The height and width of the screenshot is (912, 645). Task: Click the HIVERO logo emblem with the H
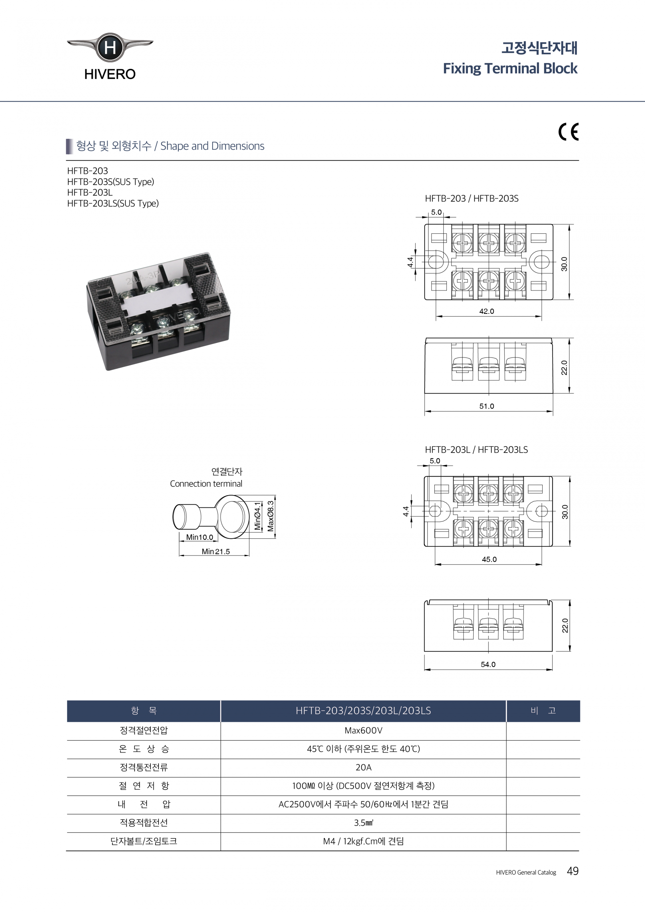[x=110, y=48]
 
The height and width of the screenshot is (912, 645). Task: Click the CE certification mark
[x=568, y=132]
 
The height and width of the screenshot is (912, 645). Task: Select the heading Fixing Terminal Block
[x=510, y=68]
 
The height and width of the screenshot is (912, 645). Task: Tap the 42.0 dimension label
[x=486, y=311]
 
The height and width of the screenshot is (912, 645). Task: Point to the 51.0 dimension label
[x=486, y=406]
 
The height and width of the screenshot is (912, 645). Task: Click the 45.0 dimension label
[x=489, y=560]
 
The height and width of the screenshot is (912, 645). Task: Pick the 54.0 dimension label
[x=488, y=664]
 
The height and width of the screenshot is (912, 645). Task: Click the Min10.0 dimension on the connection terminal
[x=199, y=537]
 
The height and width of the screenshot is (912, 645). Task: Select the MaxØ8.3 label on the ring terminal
[x=271, y=516]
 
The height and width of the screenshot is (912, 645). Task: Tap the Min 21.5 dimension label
[x=216, y=552]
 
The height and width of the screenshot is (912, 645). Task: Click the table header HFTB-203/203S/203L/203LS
[x=363, y=710]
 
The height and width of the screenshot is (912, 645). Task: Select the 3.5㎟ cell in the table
[x=363, y=823]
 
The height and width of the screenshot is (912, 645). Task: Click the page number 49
[x=572, y=871]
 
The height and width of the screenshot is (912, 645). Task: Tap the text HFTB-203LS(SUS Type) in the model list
[x=113, y=203]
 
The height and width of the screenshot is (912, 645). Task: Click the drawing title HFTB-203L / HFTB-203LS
[x=476, y=450]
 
